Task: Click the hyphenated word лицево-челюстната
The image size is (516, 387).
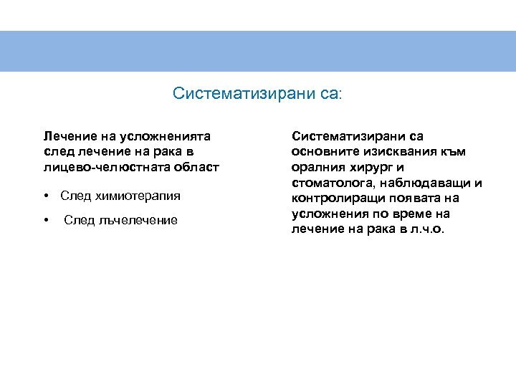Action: coord(110,167)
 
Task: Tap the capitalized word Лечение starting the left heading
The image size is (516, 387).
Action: coord(65,136)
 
